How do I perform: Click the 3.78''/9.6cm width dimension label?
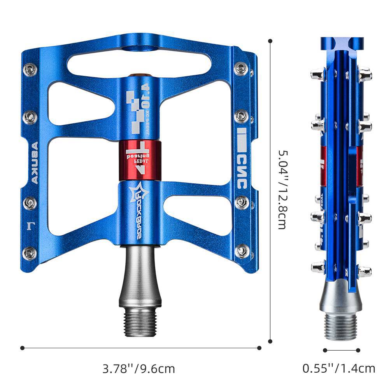point(139,368)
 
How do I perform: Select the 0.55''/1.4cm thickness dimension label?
point(339,368)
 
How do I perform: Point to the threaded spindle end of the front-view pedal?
point(140,321)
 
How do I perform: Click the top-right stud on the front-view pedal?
point(241,69)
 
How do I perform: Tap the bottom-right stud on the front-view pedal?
point(242,250)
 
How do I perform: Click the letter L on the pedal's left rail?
point(30,225)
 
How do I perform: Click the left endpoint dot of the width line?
point(22,347)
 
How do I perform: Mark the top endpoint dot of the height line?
point(270,40)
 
